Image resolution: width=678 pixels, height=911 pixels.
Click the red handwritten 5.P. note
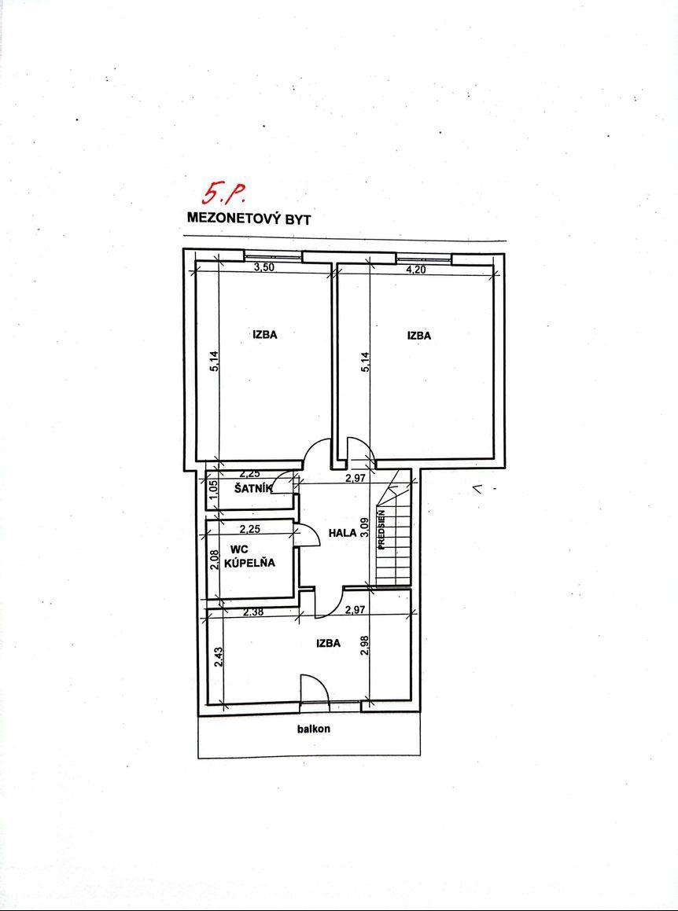coord(222,193)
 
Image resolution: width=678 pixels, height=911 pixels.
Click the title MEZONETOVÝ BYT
coord(249,219)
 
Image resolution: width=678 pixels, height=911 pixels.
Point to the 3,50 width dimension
coord(265,268)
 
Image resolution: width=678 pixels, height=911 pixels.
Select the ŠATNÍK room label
coord(253,489)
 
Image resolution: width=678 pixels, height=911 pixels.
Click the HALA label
coord(342,533)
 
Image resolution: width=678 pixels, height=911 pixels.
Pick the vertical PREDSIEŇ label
coord(381,530)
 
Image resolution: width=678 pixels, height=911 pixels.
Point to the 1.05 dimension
coord(213,490)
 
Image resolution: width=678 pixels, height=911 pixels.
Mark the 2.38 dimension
coord(253,611)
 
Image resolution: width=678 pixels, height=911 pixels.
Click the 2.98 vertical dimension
coord(365,645)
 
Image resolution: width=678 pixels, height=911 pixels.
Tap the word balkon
coord(313,729)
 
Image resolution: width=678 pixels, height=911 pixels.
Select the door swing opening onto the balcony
coord(315,692)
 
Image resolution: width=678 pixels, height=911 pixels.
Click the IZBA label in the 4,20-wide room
coord(419,335)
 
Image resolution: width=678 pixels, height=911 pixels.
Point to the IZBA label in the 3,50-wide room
coord(264,334)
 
